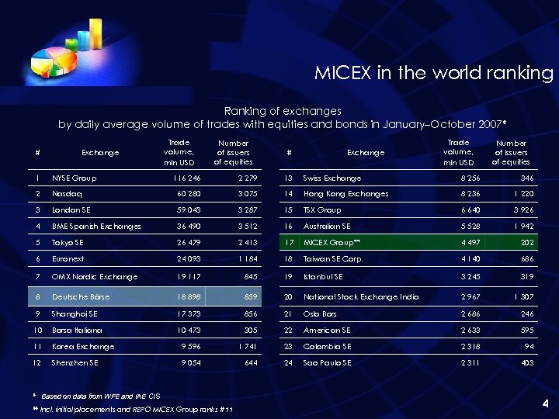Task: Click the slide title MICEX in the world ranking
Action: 433,73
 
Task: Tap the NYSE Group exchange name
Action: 75,178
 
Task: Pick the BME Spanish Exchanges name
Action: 96,227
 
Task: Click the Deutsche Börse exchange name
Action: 81,297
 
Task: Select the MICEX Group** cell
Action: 332,243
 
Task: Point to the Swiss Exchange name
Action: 332,178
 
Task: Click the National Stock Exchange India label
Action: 361,297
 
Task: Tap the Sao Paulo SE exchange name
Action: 327,362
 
